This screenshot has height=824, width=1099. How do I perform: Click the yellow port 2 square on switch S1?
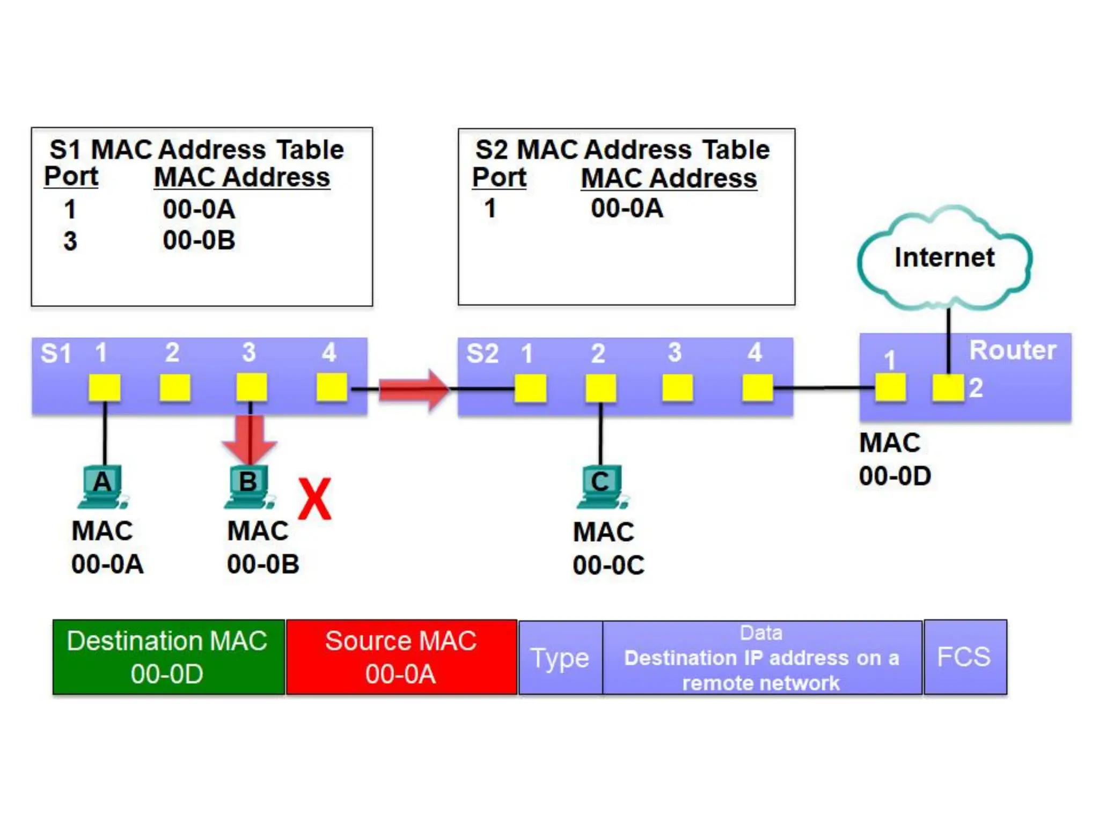pyautogui.click(x=175, y=387)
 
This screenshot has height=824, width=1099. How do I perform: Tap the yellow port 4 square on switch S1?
pyautogui.click(x=332, y=387)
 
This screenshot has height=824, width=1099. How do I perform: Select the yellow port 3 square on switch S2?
pyautogui.click(x=677, y=388)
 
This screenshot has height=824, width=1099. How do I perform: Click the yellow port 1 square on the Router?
pyautogui.click(x=890, y=387)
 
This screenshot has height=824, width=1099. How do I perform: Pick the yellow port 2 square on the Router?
pyautogui.click(x=948, y=387)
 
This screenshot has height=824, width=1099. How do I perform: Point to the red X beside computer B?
pyautogui.click(x=314, y=499)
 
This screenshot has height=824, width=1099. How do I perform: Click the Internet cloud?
pyautogui.click(x=944, y=258)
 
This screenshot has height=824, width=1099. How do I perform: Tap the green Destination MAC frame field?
pyautogui.click(x=168, y=657)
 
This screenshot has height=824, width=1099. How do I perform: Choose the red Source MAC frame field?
pyautogui.click(x=401, y=657)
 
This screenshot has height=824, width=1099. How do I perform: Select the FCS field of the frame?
pyautogui.click(x=964, y=657)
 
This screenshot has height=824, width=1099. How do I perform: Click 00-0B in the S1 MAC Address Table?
pyautogui.click(x=199, y=240)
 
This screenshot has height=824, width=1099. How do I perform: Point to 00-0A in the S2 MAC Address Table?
pyautogui.click(x=627, y=208)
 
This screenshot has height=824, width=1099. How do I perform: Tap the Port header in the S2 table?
pyautogui.click(x=499, y=178)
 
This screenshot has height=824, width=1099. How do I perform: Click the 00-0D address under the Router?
pyautogui.click(x=895, y=476)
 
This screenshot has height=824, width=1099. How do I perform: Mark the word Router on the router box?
pyautogui.click(x=1013, y=351)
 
